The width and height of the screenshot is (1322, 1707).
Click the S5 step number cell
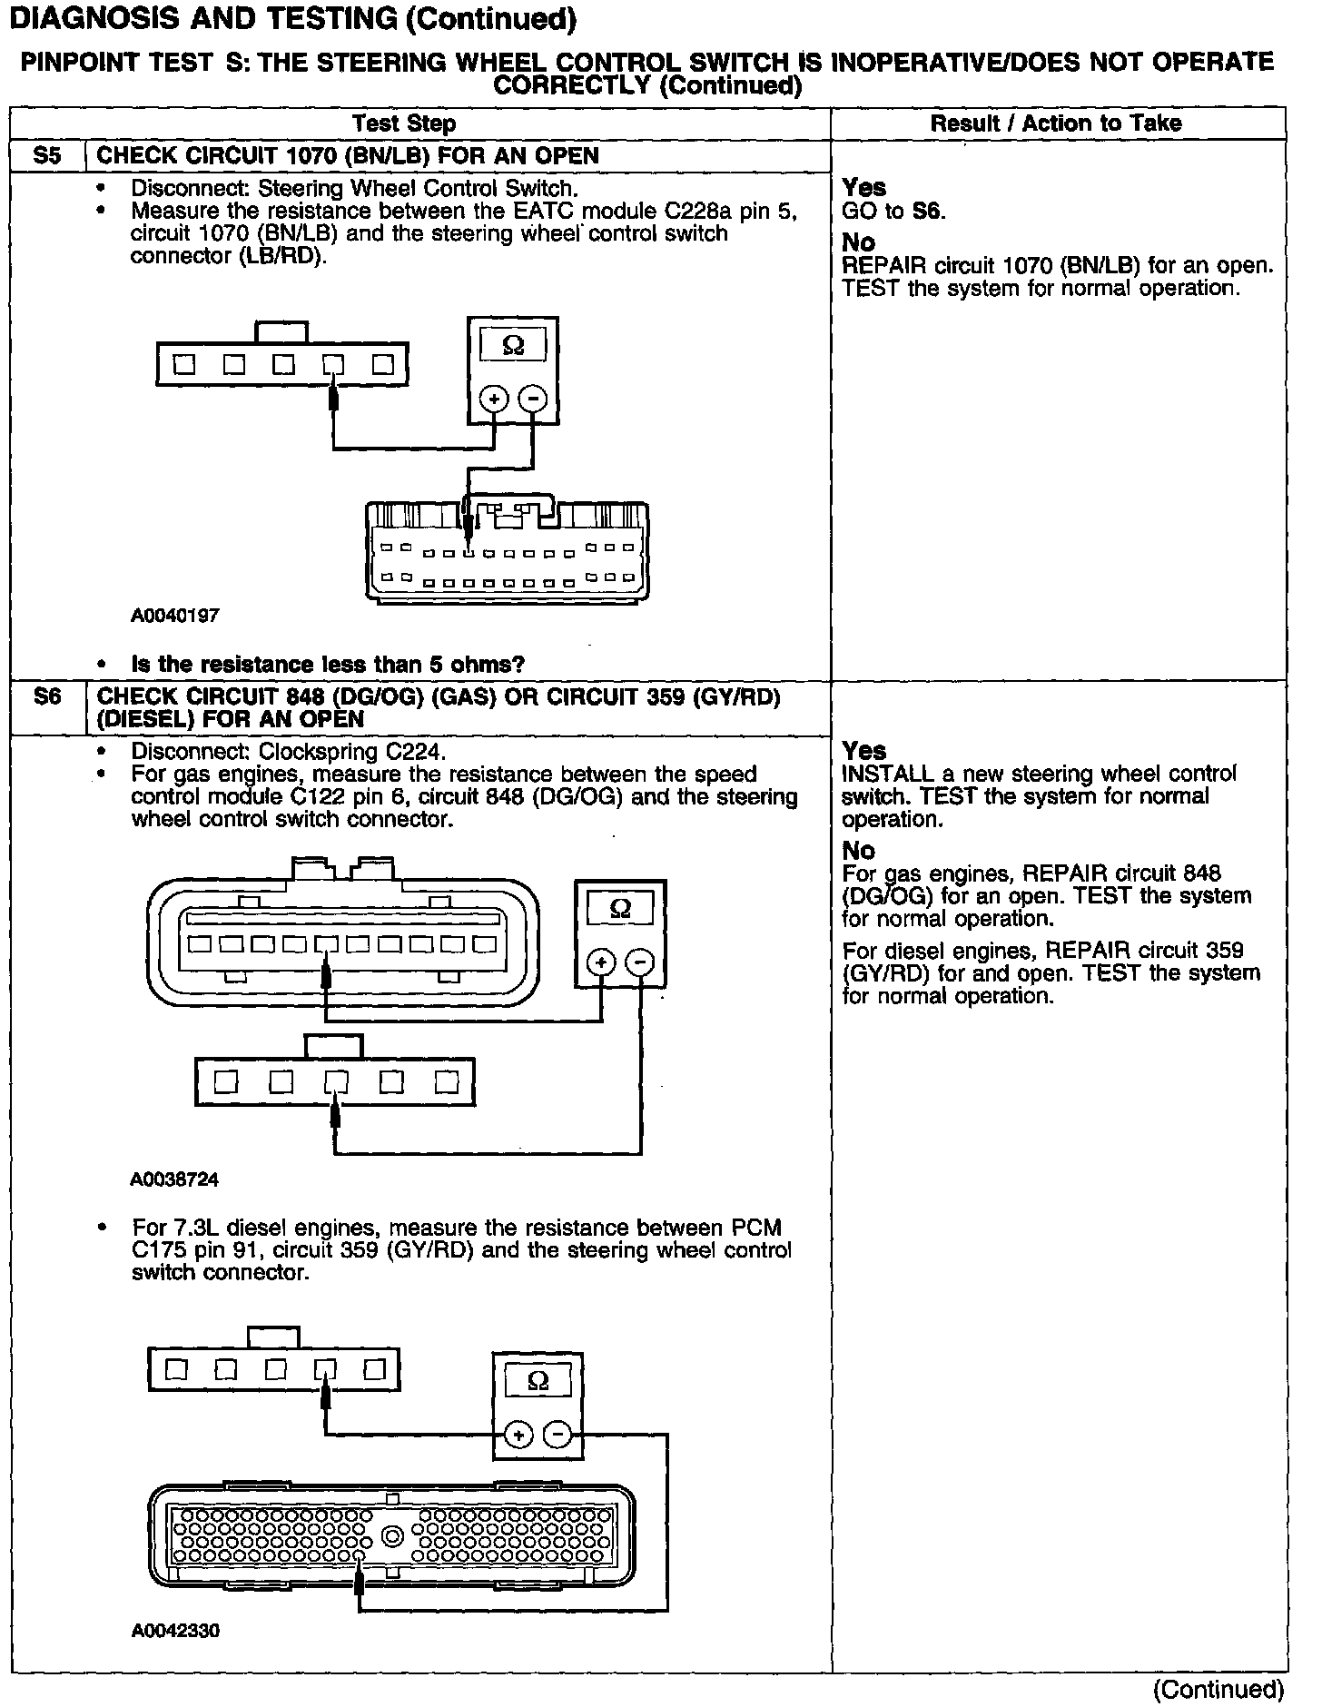click(x=46, y=155)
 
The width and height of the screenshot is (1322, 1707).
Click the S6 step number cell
click(x=46, y=697)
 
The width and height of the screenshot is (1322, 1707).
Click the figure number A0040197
click(x=175, y=616)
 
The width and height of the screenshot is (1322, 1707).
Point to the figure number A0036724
click(x=175, y=1180)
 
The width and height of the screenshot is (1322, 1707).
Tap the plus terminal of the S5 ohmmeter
click(x=494, y=399)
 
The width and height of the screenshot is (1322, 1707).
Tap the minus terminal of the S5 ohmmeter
click(x=532, y=399)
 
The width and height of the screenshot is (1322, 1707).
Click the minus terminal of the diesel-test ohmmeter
click(x=557, y=1435)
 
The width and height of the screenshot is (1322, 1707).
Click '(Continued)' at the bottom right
click(x=1218, y=1689)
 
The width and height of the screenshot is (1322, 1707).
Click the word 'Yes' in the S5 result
click(x=863, y=187)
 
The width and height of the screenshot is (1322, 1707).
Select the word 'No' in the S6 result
click(x=858, y=851)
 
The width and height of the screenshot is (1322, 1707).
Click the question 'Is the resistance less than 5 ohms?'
click(x=328, y=665)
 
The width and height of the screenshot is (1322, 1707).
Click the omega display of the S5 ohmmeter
click(x=513, y=345)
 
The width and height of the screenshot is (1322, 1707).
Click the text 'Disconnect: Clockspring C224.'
click(x=289, y=752)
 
